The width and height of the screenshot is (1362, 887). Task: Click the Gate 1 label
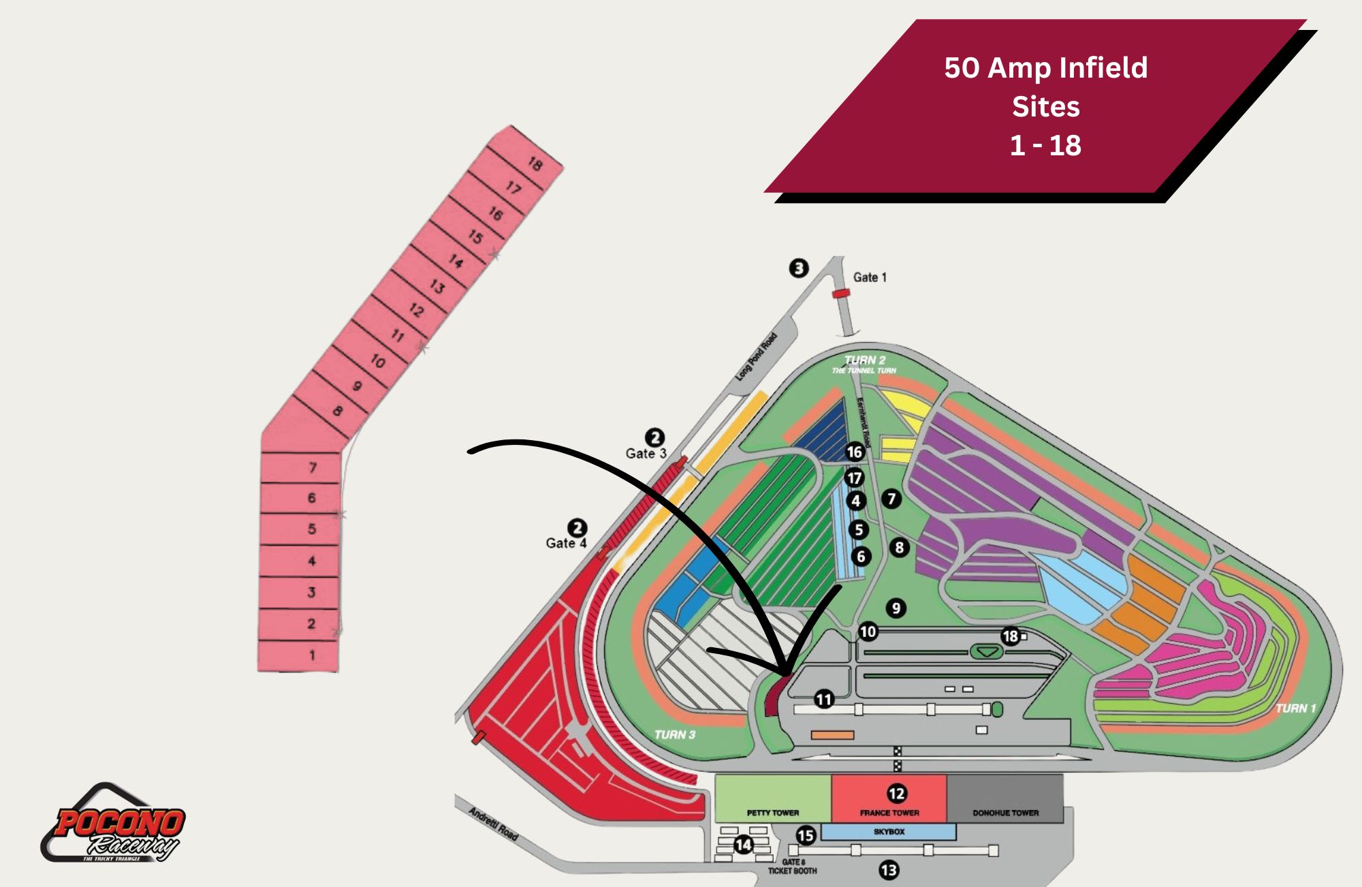[x=870, y=277]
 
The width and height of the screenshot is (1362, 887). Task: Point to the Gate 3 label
[x=646, y=453]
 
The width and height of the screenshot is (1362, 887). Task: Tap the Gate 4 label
[x=565, y=543]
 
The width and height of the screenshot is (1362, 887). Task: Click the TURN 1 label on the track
[x=1295, y=709]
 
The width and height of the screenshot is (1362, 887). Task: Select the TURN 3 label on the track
[x=674, y=734]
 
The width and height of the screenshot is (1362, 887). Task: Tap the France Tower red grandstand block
[x=889, y=798]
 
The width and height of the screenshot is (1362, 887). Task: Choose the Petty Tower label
[x=772, y=813]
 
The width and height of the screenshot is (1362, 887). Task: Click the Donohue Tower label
[x=1005, y=813]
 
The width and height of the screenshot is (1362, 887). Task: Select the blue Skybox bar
[x=889, y=832]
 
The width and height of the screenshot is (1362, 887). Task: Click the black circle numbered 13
[x=889, y=870]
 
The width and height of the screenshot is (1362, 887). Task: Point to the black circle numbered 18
[x=1010, y=636]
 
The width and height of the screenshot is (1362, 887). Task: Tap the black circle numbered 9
[x=896, y=608]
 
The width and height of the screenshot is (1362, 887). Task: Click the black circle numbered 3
[x=799, y=268]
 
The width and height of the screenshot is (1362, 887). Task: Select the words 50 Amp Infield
[x=1045, y=67]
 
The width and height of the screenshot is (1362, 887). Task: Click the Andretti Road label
[x=493, y=824]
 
